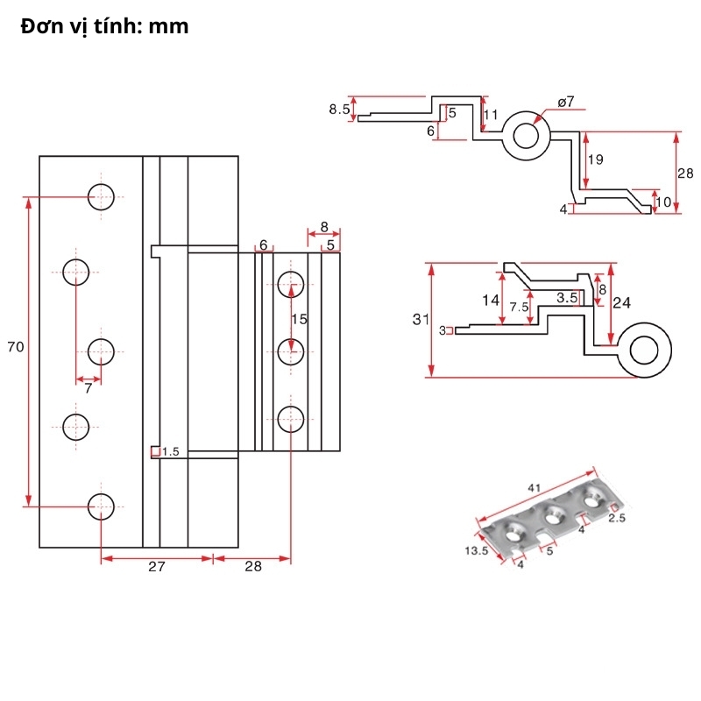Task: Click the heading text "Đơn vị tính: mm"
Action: (105, 26)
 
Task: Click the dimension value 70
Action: (15, 347)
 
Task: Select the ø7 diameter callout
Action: (565, 102)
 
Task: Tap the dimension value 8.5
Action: (339, 110)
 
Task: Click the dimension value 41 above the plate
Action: (534, 487)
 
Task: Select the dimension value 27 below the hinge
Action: (156, 567)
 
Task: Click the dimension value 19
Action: (595, 159)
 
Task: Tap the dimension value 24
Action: (621, 302)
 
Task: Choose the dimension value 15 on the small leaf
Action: (300, 320)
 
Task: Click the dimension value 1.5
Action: (170, 452)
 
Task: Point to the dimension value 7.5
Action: (519, 307)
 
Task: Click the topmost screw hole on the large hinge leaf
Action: (101, 196)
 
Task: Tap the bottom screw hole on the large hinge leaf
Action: (101, 506)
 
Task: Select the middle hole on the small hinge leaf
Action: (290, 350)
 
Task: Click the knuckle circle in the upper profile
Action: (526, 136)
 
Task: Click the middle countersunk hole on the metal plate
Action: (554, 515)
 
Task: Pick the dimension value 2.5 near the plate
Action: (617, 518)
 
